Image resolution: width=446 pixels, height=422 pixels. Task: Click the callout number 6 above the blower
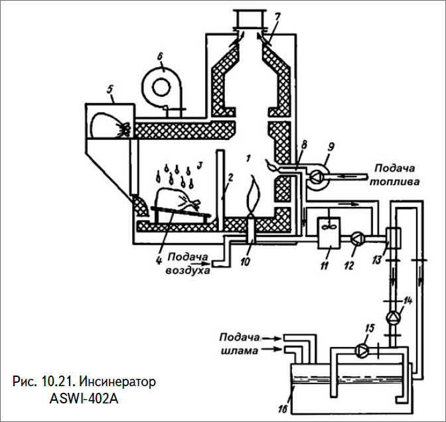[x=159, y=56]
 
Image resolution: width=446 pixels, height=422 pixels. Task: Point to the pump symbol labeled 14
[x=394, y=316]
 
